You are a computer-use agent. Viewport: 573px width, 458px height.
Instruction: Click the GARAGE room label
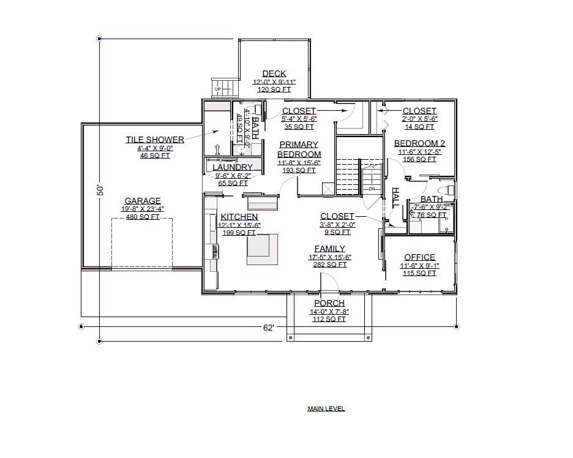point(143,201)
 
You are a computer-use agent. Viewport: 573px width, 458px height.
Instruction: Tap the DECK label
point(274,74)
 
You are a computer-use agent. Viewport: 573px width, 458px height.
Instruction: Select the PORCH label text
point(329,303)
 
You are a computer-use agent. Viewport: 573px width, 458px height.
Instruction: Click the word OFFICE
point(419,257)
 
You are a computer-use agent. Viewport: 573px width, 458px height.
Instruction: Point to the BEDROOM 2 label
point(419,143)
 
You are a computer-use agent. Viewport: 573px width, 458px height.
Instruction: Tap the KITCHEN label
point(239,217)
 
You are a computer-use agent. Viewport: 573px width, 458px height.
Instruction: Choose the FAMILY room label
point(329,249)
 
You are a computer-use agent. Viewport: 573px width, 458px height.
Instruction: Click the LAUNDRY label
point(233,167)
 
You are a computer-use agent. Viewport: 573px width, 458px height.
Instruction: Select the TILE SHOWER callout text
point(155,140)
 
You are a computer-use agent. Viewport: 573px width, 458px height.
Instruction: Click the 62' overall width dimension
point(268,328)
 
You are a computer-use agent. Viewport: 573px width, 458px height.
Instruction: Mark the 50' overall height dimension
point(100,190)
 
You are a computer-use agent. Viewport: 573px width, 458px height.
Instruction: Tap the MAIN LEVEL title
point(326,408)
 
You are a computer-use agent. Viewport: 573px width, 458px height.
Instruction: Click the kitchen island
point(258,249)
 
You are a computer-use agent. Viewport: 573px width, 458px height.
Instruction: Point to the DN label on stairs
point(371,189)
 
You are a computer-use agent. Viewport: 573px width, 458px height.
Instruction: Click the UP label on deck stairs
point(217,89)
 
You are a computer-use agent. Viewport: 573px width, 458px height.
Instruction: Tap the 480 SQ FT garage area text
point(143,217)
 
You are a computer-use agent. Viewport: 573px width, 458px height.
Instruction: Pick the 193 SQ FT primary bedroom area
point(299,170)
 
